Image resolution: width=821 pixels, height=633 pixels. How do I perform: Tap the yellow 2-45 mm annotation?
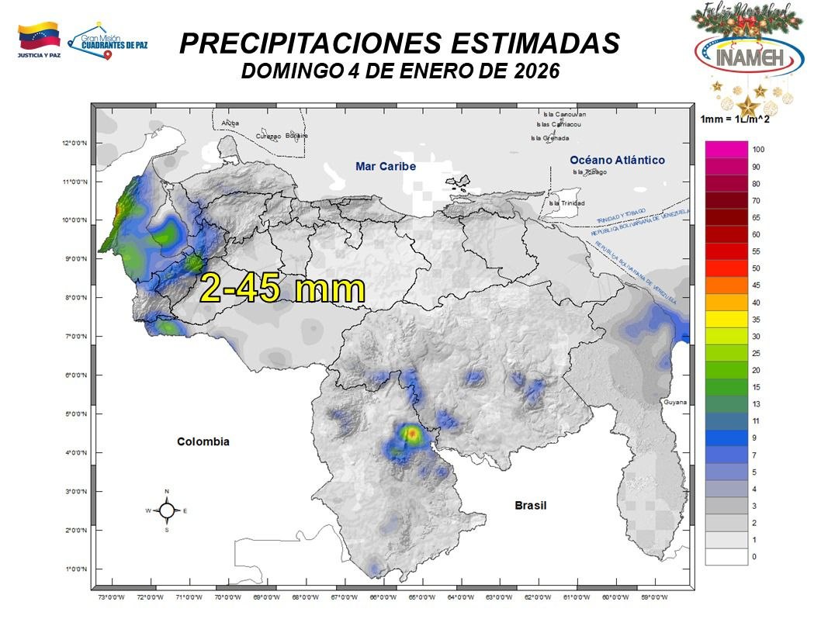point(282,289)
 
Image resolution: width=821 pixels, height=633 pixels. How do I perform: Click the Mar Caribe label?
point(386,167)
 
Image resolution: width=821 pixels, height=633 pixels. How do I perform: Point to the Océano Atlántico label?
point(617,160)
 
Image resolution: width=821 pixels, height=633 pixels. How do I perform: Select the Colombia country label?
point(203,441)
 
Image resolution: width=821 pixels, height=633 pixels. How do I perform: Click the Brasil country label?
point(531,505)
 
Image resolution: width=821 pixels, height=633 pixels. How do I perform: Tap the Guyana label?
point(675,403)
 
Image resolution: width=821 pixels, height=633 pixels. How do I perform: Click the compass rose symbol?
point(167,510)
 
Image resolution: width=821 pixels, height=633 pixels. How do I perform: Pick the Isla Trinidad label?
point(565,203)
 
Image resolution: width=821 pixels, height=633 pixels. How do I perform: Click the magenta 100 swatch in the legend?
point(726,149)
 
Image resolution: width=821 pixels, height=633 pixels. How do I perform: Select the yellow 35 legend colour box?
point(726,320)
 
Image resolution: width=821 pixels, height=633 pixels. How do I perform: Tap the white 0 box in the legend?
point(726,557)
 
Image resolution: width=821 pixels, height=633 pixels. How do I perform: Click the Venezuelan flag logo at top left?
point(38,36)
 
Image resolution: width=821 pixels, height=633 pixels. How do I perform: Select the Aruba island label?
point(230,123)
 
